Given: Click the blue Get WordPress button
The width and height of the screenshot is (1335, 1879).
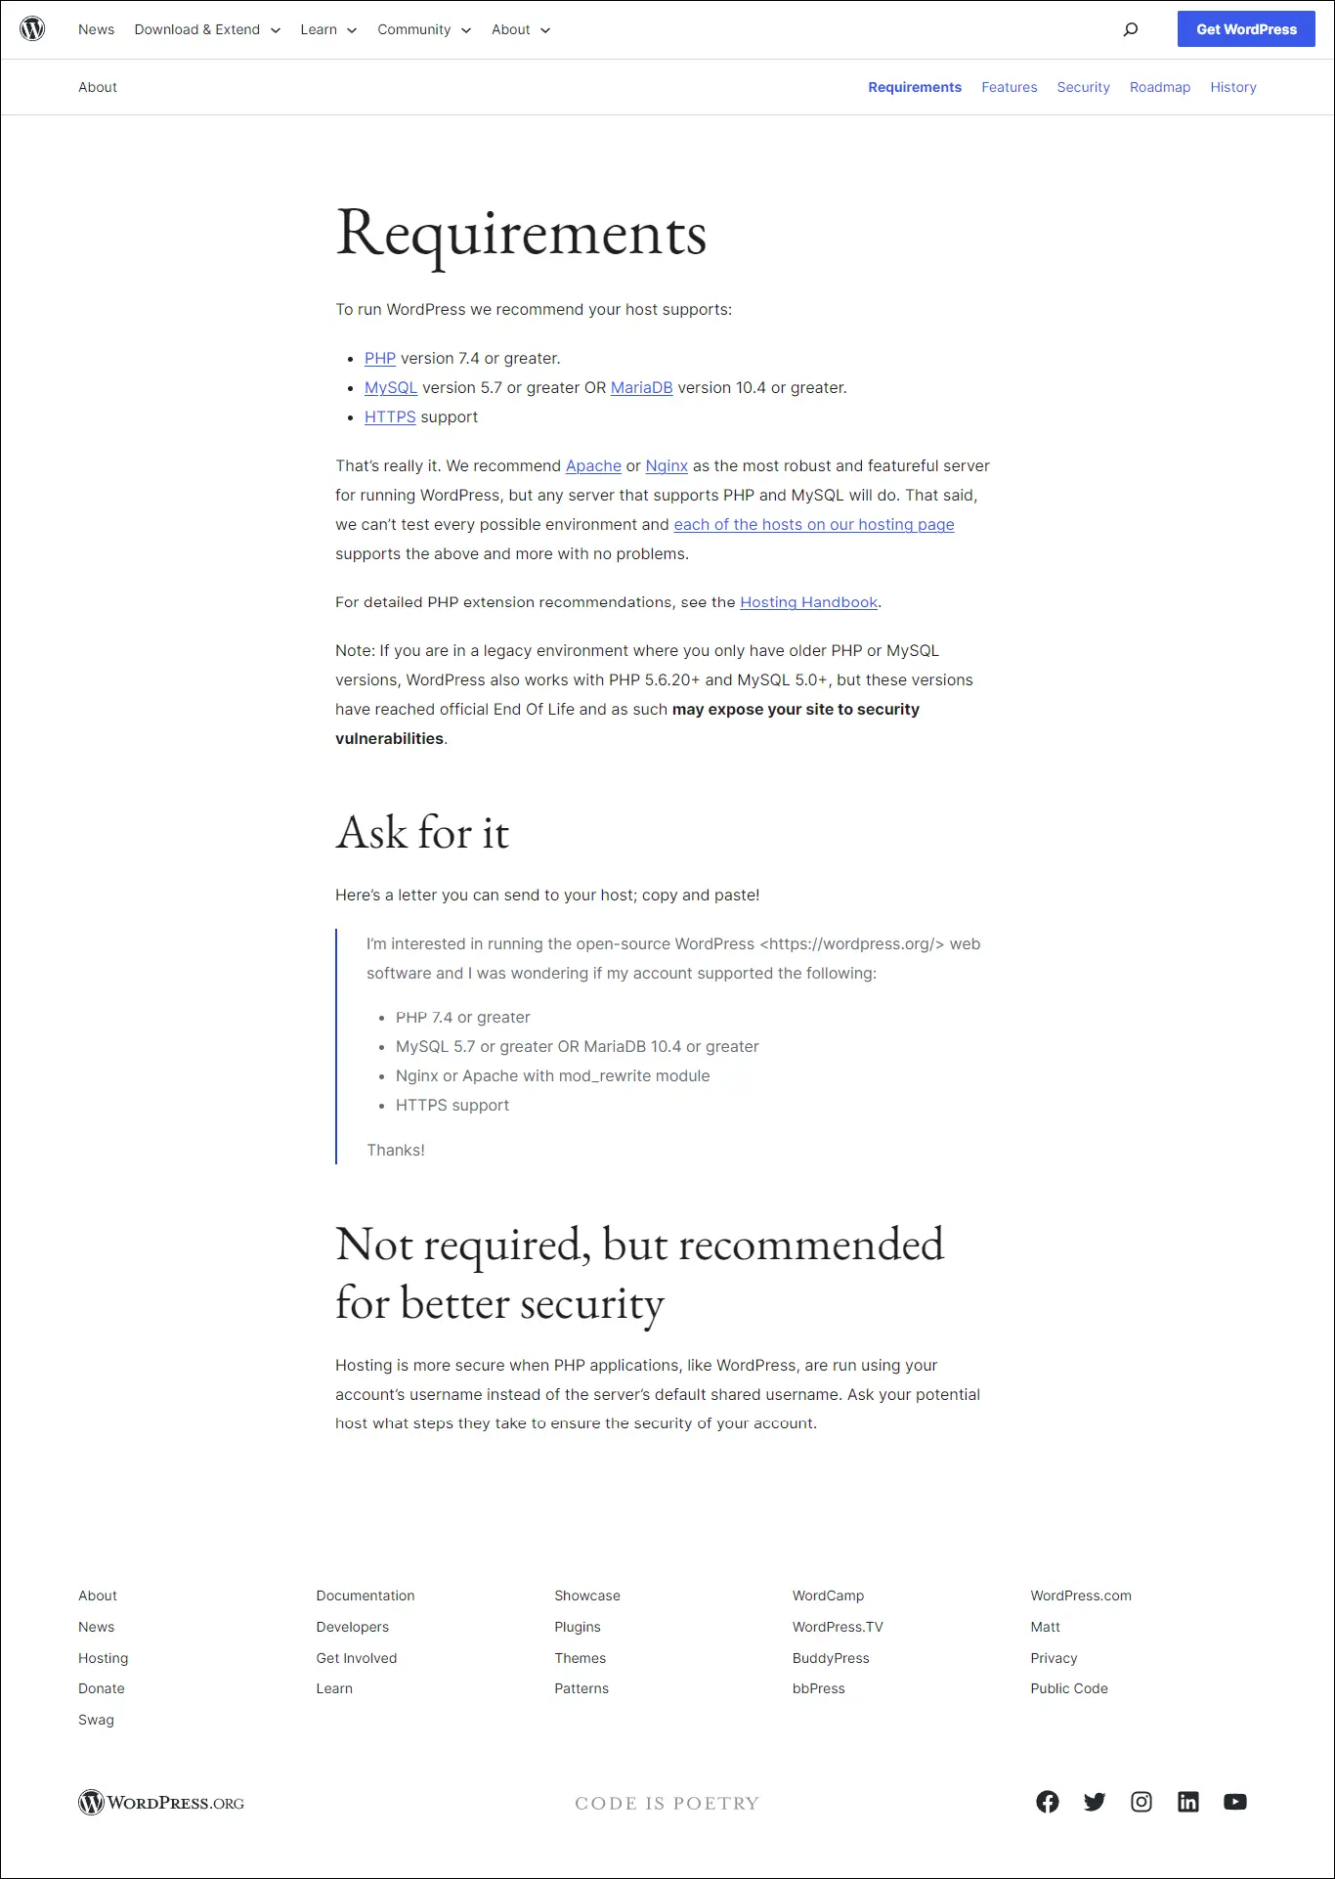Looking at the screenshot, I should click(1246, 29).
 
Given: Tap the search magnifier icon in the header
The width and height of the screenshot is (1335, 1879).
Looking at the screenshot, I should click(1131, 29).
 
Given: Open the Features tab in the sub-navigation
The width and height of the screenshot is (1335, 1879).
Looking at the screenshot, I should click(1009, 87).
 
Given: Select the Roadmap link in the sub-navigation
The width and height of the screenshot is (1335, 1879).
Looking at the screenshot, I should click(1159, 87).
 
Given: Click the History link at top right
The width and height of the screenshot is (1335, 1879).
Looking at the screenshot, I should click(1232, 87).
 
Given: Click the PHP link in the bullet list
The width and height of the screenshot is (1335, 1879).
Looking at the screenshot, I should click(379, 359).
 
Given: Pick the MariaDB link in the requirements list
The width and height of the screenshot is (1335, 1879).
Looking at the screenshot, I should click(641, 388).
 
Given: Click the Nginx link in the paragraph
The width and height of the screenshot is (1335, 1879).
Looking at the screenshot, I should click(667, 466).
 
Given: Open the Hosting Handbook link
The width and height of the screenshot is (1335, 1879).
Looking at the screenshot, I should click(808, 602).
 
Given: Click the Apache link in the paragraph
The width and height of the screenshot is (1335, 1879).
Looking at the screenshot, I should click(593, 466).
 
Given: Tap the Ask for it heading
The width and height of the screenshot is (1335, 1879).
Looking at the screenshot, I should click(422, 833).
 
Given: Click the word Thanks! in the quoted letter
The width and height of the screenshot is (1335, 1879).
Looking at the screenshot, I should click(396, 1151).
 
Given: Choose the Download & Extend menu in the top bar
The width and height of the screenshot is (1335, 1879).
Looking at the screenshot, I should click(207, 29).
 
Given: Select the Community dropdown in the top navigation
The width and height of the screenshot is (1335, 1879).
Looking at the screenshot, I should click(424, 29).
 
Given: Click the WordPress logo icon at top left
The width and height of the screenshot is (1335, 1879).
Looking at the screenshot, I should click(32, 28).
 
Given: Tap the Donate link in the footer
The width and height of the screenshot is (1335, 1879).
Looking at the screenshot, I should click(102, 1688).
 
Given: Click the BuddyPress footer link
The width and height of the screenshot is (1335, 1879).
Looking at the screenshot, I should click(831, 1658).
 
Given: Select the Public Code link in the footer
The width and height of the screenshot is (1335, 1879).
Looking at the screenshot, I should click(1069, 1688).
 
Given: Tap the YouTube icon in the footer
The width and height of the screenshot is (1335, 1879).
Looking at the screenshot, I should click(1234, 1802).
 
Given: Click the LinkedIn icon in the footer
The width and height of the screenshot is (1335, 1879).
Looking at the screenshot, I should click(1187, 1802).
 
